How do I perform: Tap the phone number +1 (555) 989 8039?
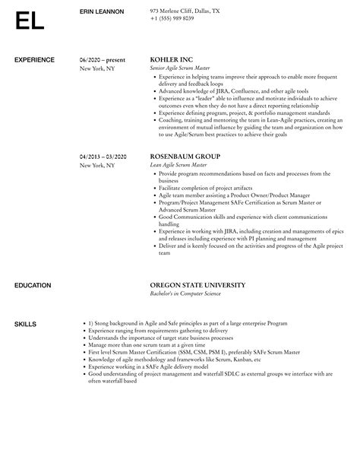(x=172, y=18)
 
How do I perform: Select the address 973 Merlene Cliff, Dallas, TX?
(x=185, y=11)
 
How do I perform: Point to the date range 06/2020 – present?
(x=103, y=59)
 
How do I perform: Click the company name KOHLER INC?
(x=172, y=59)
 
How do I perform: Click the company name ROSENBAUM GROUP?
(x=186, y=156)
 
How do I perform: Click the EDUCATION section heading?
(x=33, y=285)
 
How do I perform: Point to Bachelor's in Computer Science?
(x=189, y=294)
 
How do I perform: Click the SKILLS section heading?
(x=25, y=323)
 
